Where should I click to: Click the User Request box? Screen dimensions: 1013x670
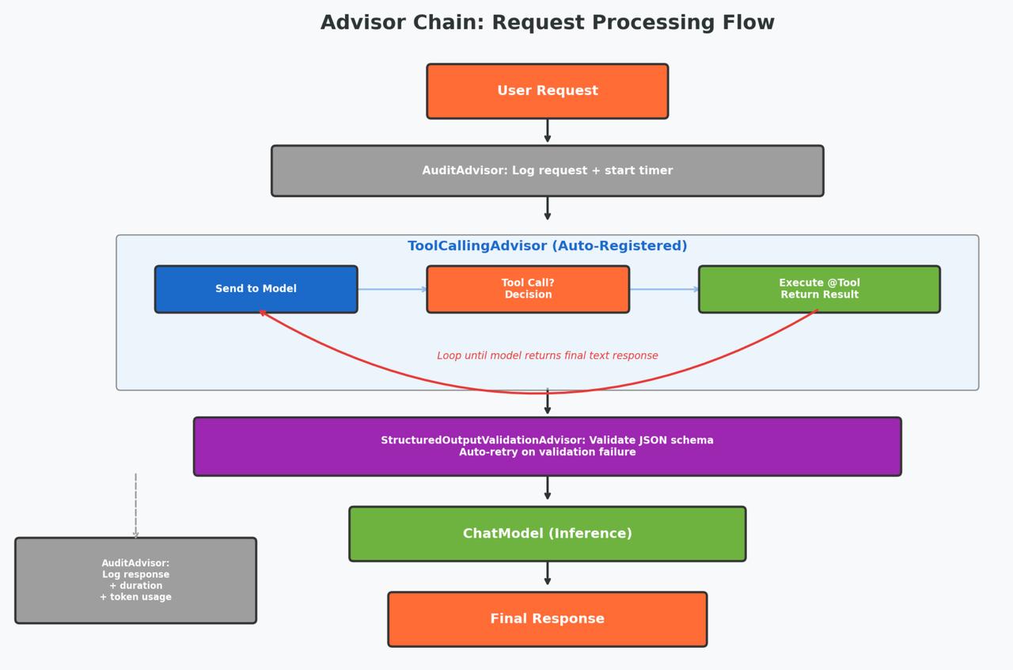[547, 91]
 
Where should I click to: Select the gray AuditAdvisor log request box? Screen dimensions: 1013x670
[547, 171]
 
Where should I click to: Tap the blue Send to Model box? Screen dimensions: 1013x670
[256, 289]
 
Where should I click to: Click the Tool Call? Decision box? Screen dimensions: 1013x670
[528, 289]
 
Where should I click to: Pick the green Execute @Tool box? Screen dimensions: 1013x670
[819, 289]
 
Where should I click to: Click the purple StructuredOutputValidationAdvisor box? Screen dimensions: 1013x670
[547, 447]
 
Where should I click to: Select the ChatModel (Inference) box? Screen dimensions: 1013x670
[547, 534]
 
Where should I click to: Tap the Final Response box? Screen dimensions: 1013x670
[547, 619]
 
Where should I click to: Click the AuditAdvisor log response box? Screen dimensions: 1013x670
[135, 581]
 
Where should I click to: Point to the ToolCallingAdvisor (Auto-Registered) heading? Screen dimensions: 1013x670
[547, 246]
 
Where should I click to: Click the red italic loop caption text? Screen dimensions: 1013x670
[547, 356]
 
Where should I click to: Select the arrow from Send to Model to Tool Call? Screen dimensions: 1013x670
[392, 289]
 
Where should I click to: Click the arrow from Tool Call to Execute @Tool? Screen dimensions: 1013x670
[664, 289]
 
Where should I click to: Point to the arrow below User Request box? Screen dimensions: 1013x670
[547, 131]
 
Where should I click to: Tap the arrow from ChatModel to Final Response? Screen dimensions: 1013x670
[547, 573]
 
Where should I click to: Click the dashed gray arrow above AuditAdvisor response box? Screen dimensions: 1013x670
[135, 506]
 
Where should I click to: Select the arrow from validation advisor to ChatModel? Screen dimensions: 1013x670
[547, 488]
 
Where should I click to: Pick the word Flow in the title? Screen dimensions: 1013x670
[748, 23]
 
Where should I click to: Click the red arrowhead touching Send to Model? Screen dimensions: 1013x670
[262, 313]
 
